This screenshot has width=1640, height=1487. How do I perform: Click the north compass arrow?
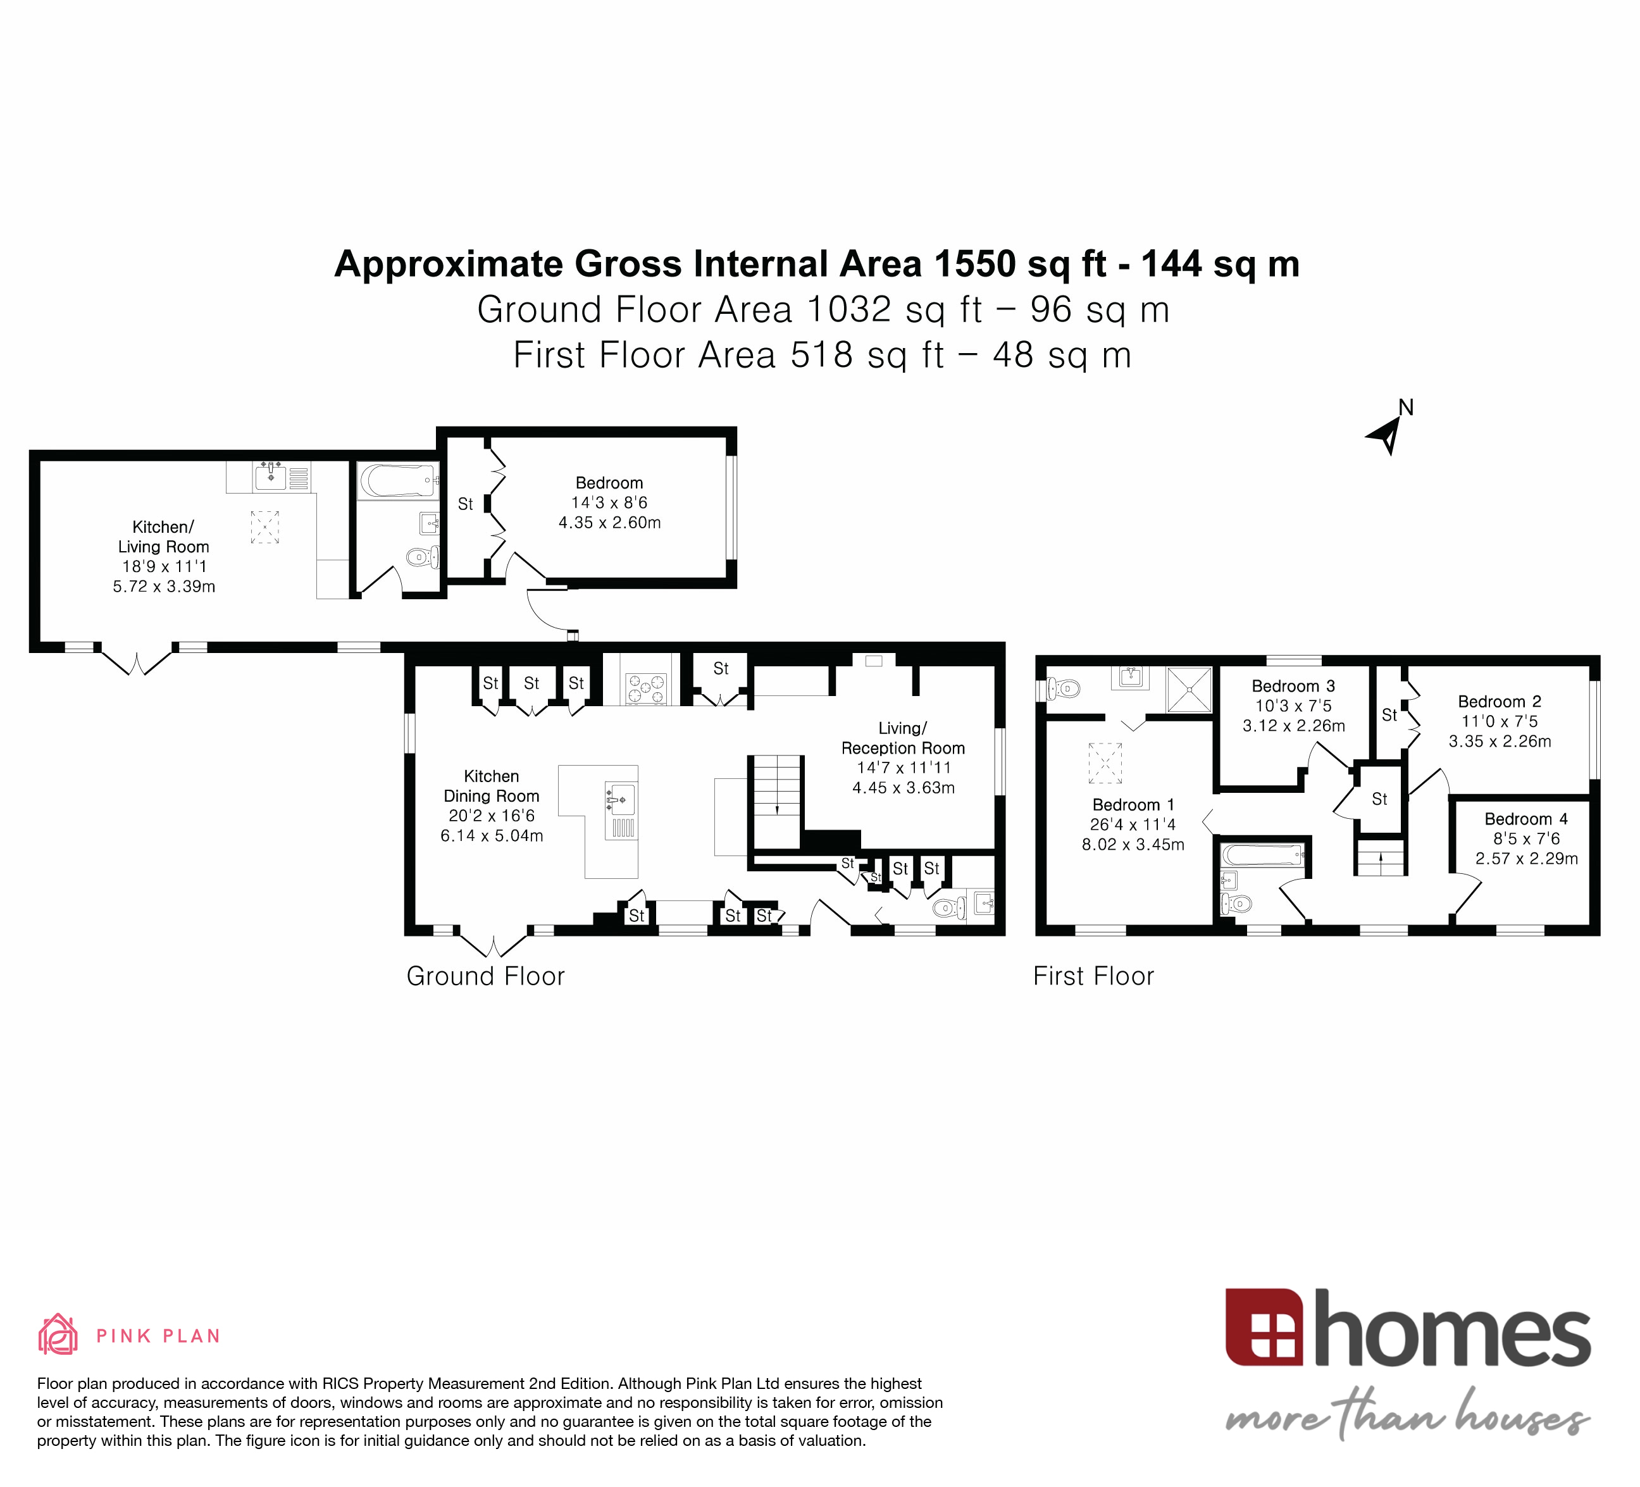(x=1386, y=435)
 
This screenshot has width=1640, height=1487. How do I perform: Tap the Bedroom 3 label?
(x=1293, y=686)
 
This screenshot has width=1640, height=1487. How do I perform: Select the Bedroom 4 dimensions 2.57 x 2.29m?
(x=1526, y=858)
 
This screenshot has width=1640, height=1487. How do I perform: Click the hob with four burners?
(x=645, y=689)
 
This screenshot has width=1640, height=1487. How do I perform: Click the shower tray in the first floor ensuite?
(x=1190, y=690)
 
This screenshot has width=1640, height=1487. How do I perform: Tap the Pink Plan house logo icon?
(x=58, y=1335)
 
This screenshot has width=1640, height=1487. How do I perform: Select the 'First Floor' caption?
(x=1093, y=976)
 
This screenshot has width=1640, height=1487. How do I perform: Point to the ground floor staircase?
(x=777, y=801)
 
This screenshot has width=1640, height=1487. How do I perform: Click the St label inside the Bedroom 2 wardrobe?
(x=1389, y=715)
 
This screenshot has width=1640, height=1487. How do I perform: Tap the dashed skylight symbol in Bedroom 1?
(x=1105, y=762)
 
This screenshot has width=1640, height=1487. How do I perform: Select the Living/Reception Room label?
(x=902, y=738)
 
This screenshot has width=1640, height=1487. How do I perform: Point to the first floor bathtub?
(x=1262, y=855)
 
